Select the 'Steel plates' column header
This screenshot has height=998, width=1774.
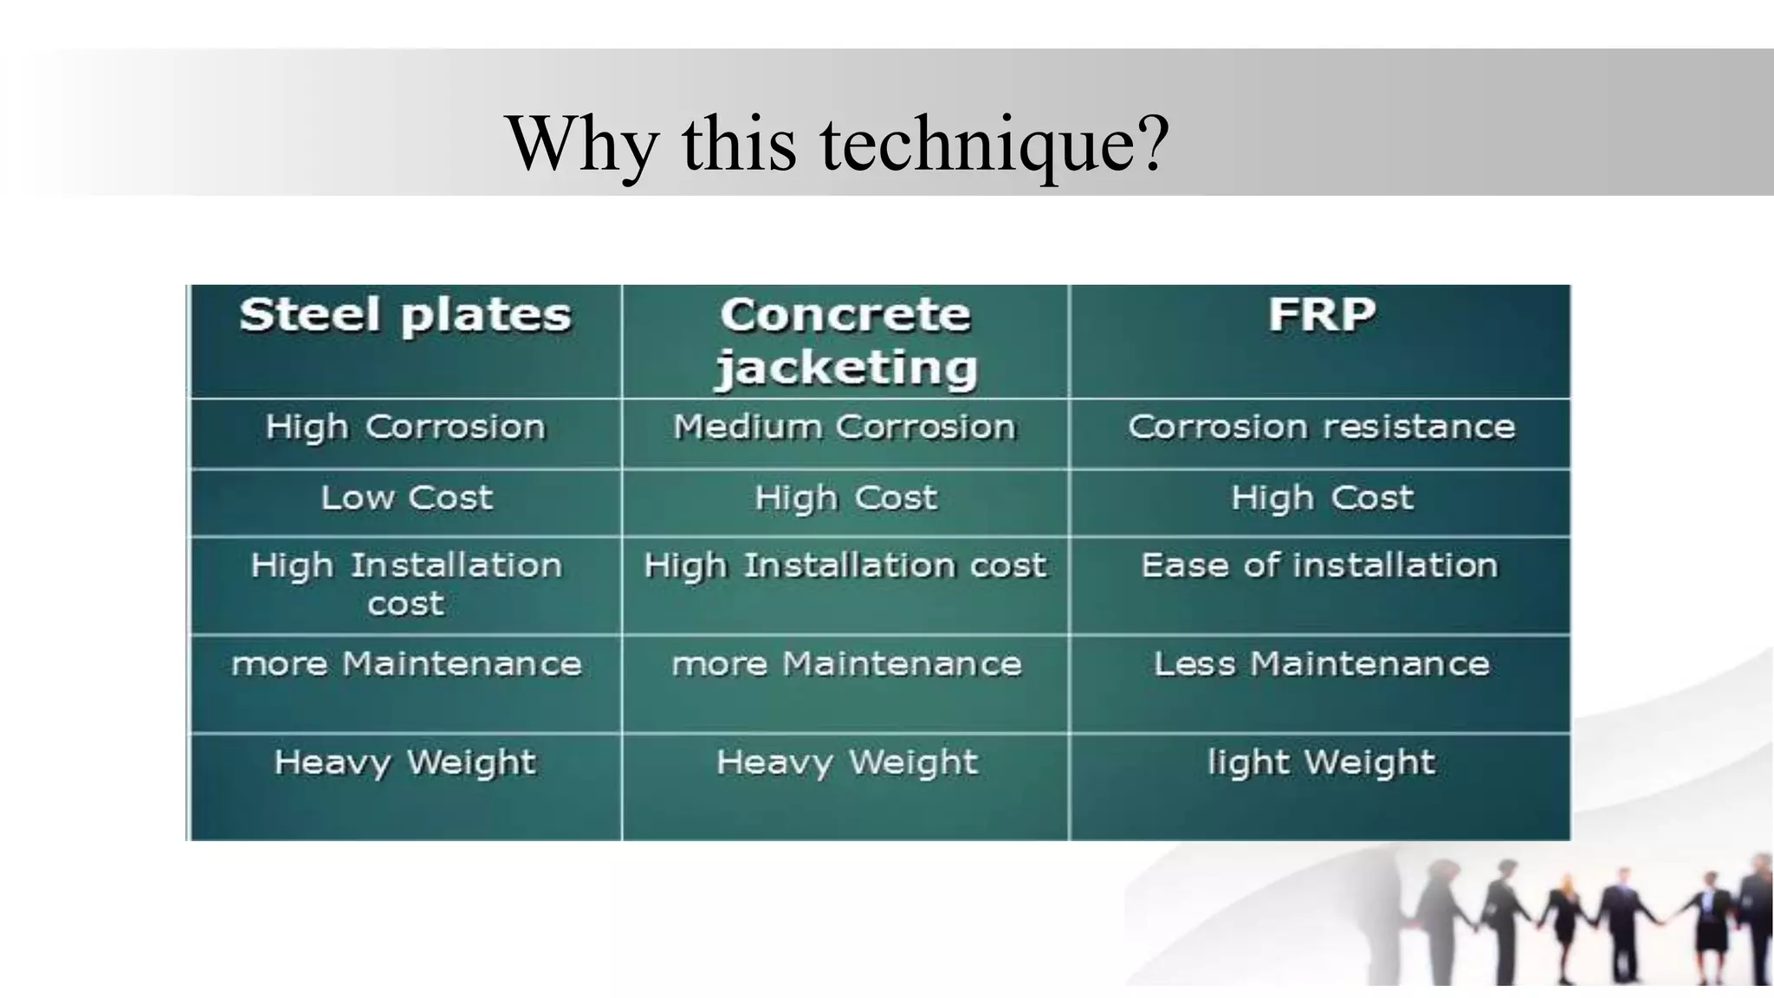click(x=405, y=314)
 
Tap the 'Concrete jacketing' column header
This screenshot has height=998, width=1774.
click(x=845, y=340)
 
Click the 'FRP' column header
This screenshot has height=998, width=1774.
click(x=1321, y=314)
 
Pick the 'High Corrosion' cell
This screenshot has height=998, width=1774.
click(x=405, y=427)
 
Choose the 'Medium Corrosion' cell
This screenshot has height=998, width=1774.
click(x=845, y=427)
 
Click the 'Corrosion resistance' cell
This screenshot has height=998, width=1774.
click(x=1321, y=427)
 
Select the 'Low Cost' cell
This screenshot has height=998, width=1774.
click(x=406, y=498)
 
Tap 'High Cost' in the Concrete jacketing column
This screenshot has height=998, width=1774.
click(x=845, y=498)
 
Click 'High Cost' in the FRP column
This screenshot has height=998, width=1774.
click(x=1322, y=498)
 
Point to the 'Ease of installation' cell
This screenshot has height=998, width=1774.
click(x=1319, y=566)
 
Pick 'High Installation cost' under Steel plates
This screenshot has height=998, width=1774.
click(x=406, y=583)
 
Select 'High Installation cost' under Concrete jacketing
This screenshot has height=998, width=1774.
click(x=845, y=566)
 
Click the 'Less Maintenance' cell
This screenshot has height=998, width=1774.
click(x=1321, y=664)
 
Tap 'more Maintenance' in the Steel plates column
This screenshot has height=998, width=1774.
click(x=406, y=664)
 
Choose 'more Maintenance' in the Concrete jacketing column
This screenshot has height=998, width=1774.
click(x=846, y=664)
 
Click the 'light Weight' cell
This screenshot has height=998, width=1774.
click(x=1321, y=763)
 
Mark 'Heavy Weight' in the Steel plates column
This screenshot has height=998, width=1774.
click(x=405, y=763)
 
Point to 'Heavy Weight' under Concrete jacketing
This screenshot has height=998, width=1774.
click(x=846, y=763)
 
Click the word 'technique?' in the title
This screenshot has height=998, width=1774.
click(x=994, y=145)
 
